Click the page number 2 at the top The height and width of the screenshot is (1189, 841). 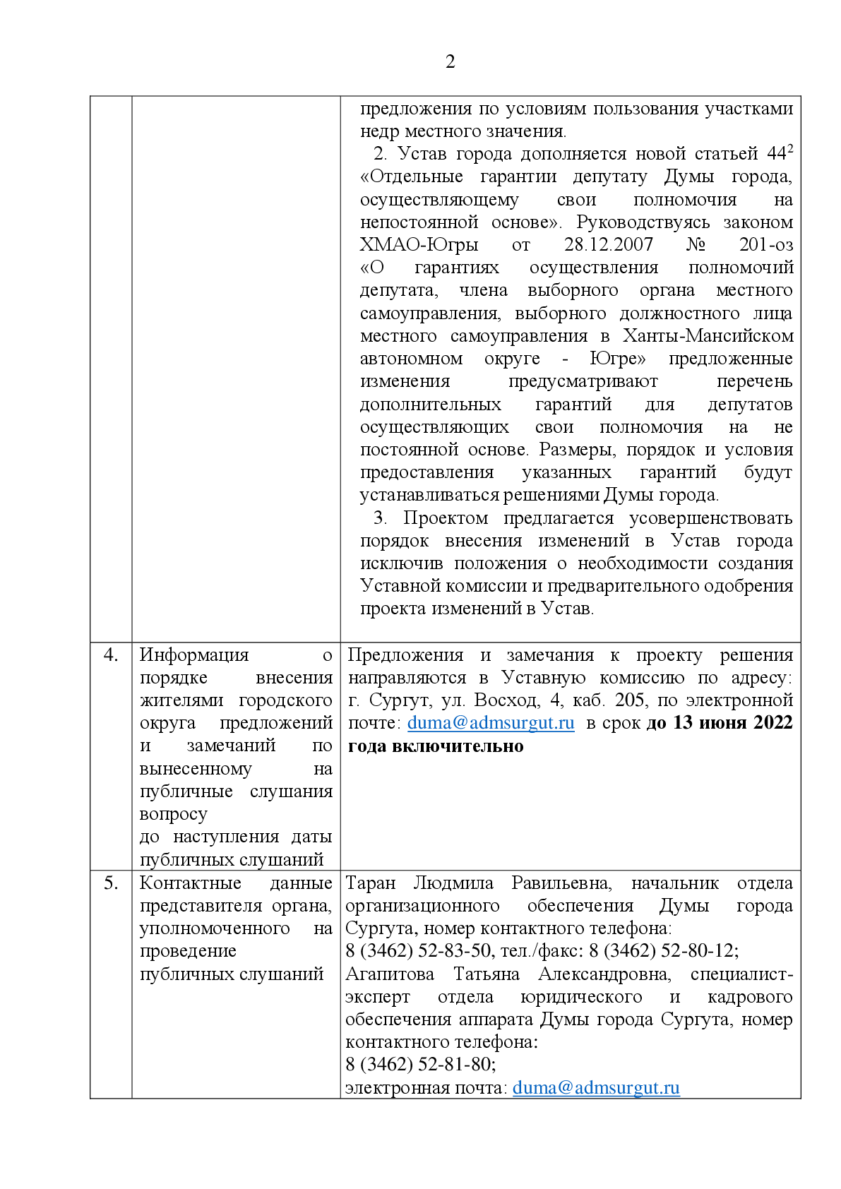[x=451, y=62]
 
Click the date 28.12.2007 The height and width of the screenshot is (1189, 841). [x=608, y=245]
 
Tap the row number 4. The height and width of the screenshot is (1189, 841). [x=111, y=655]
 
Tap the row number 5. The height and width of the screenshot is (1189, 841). [x=111, y=883]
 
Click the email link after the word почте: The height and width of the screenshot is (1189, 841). [x=491, y=723]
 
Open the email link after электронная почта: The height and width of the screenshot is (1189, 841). [x=596, y=1088]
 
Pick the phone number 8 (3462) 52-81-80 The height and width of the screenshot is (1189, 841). [x=420, y=1065]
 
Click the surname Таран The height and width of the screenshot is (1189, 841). [x=370, y=883]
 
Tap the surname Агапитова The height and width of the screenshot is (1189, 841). [x=390, y=974]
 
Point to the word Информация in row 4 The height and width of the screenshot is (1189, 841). [x=194, y=655]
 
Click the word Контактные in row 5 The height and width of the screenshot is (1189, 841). [x=191, y=883]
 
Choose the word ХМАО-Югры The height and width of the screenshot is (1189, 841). [x=419, y=245]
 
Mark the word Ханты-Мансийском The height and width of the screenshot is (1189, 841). [x=708, y=336]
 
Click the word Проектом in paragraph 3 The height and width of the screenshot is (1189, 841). [x=446, y=518]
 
